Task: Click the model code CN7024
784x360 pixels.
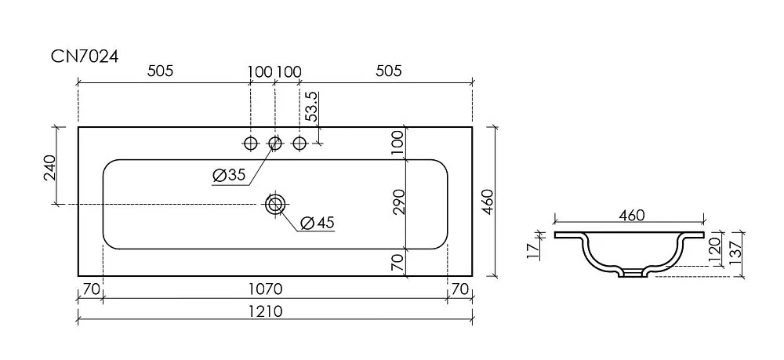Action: (x=85, y=56)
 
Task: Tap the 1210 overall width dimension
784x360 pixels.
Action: (x=266, y=311)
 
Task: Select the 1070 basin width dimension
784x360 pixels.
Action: (x=266, y=289)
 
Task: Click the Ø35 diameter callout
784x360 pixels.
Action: (x=228, y=175)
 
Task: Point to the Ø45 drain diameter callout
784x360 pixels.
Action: (x=318, y=223)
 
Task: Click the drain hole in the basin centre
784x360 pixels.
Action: (x=274, y=204)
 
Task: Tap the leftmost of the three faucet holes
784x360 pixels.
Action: (x=251, y=144)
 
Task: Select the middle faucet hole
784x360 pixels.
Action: (x=274, y=144)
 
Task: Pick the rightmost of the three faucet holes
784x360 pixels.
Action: (x=299, y=144)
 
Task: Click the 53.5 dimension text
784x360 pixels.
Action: (x=311, y=107)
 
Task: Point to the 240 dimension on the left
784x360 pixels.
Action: (x=50, y=168)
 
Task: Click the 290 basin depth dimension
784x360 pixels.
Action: (x=398, y=202)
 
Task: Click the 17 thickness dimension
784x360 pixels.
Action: (x=533, y=251)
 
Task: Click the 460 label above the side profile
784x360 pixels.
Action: (x=632, y=216)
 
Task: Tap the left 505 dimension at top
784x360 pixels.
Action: (x=160, y=71)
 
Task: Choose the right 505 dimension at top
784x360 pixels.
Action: (x=389, y=71)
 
